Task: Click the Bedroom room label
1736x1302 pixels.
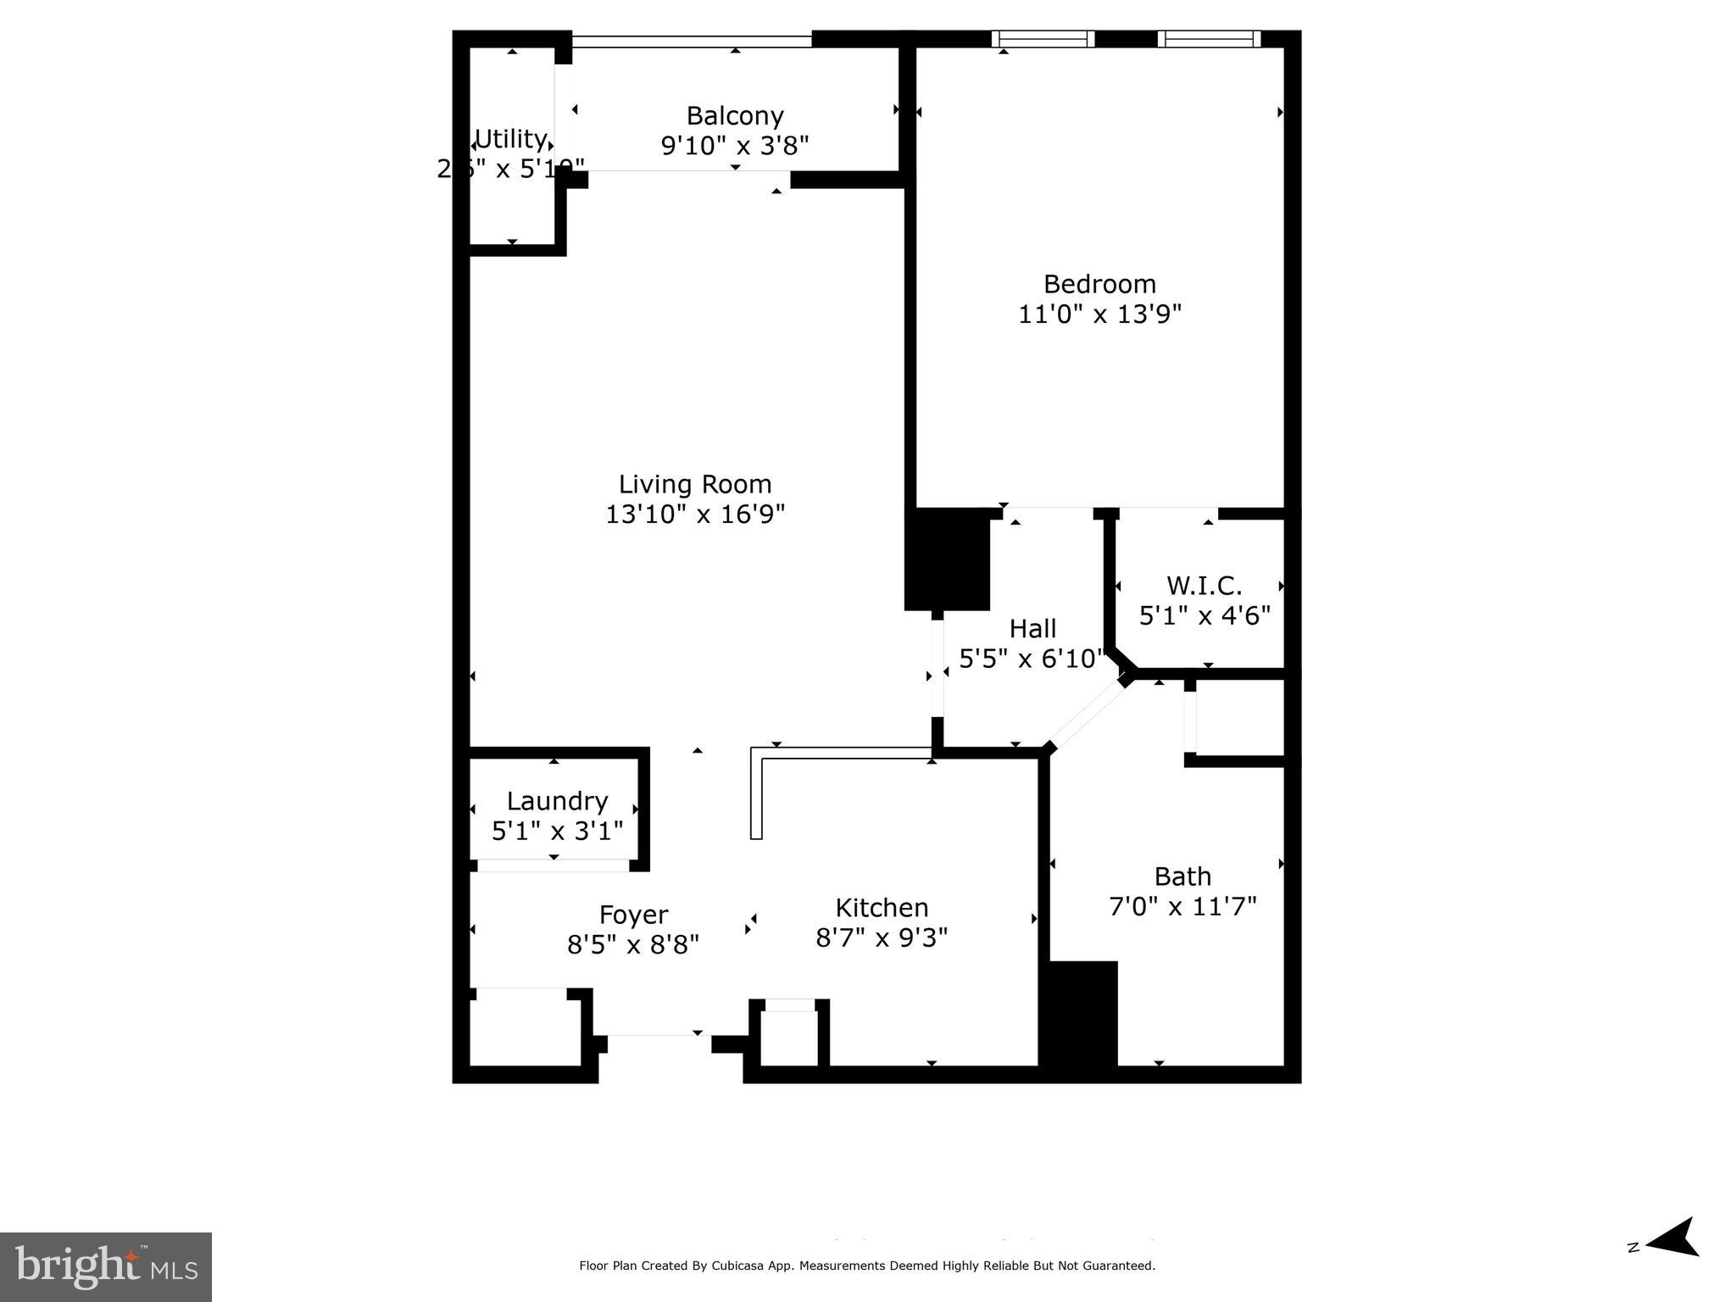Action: click(1099, 284)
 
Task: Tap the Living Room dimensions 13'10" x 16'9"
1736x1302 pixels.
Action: click(695, 515)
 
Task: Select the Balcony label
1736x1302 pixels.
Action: click(734, 115)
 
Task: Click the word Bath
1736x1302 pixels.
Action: click(1182, 876)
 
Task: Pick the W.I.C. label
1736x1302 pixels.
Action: click(1204, 586)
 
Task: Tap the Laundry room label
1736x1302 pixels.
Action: click(557, 801)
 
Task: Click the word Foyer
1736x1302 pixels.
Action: click(633, 915)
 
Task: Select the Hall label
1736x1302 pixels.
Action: click(1032, 629)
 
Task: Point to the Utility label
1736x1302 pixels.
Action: click(510, 138)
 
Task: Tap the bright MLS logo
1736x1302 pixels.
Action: click(106, 1267)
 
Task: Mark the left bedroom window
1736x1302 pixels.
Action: click(1043, 39)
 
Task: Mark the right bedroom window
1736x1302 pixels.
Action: click(1209, 39)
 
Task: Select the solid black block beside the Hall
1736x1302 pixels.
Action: click(948, 559)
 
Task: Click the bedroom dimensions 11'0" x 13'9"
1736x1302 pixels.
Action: click(1099, 314)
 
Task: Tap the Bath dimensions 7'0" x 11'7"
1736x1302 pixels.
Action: click(1182, 907)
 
